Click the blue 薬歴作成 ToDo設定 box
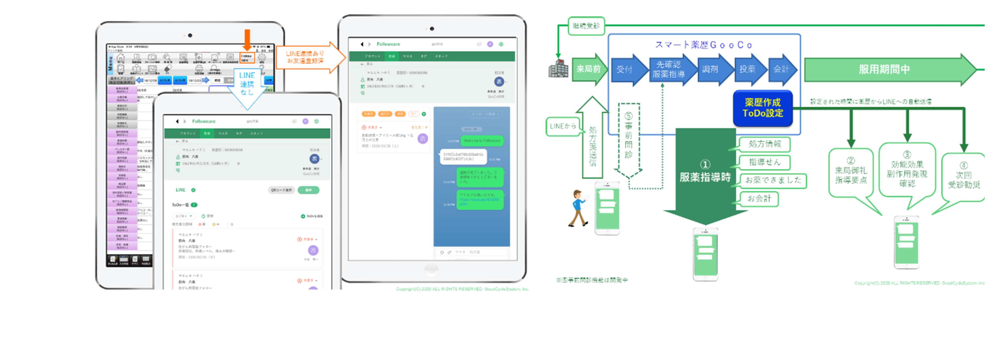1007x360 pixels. pos(762,108)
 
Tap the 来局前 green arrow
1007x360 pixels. pos(589,69)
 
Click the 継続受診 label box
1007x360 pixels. pos(586,26)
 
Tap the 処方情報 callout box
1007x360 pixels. pos(764,144)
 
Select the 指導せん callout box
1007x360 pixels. pos(764,162)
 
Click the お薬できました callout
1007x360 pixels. pos(773,180)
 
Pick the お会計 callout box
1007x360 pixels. pos(759,199)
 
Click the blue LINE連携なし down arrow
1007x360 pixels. pos(247,86)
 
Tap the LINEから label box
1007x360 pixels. pos(563,126)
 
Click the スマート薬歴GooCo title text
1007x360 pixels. pos(704,45)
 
